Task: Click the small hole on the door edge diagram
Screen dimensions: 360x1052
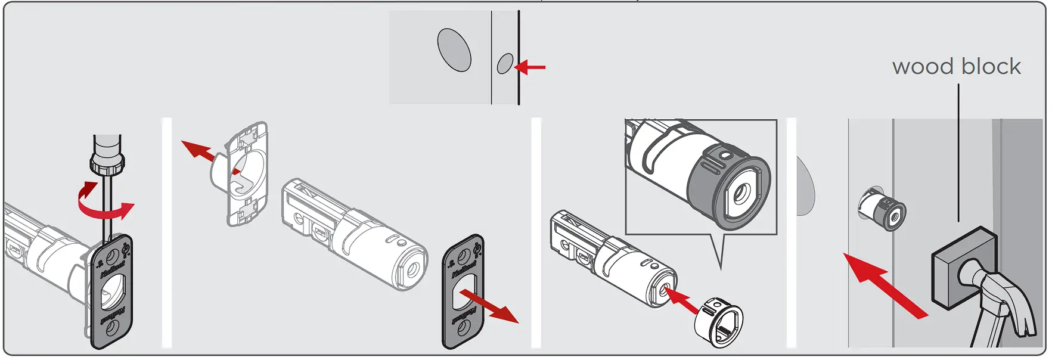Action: click(505, 63)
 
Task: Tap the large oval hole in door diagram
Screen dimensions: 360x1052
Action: click(454, 50)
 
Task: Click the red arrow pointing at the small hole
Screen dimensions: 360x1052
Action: click(530, 67)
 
